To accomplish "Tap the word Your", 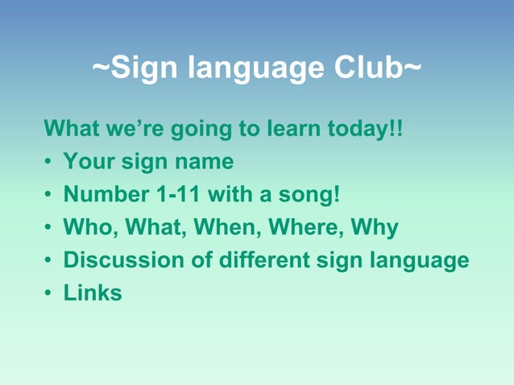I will (89, 162).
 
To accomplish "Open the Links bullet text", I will (93, 293).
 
